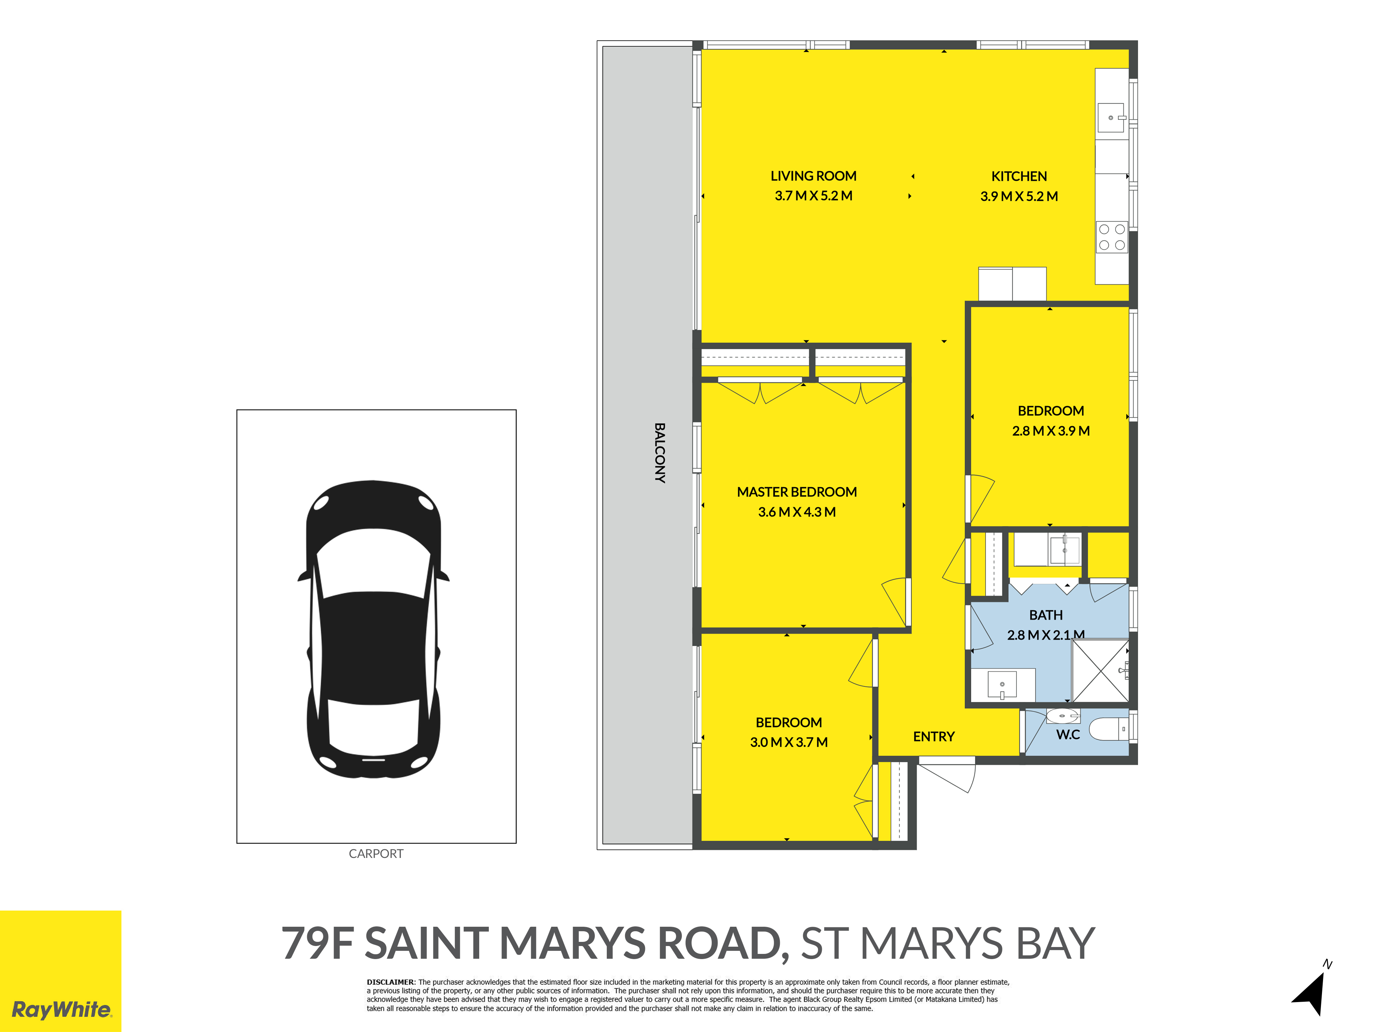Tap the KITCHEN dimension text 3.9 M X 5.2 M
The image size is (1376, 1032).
[1019, 196]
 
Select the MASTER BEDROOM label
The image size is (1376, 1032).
[797, 492]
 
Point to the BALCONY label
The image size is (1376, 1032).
[660, 453]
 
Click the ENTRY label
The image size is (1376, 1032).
[934, 737]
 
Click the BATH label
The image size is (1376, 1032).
[1046, 615]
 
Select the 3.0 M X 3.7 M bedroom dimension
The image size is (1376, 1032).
[789, 742]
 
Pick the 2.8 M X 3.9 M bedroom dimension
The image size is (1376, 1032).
[1051, 430]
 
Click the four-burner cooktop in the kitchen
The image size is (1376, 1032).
[1111, 237]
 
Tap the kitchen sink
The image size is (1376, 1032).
[1111, 118]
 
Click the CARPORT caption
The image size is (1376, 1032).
[376, 853]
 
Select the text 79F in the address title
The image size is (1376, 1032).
[318, 943]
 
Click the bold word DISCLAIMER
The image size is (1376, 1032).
[390, 982]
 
